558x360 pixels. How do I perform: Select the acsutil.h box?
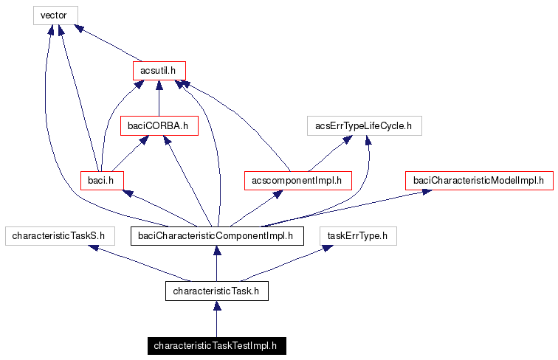click(x=159, y=70)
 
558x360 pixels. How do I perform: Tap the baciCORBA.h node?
click(x=159, y=126)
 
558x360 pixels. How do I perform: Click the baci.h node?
click(x=101, y=179)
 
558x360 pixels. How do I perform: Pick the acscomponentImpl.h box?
click(x=297, y=179)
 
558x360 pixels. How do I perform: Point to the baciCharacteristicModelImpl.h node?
click(x=478, y=179)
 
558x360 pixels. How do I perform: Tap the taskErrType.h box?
click(x=358, y=236)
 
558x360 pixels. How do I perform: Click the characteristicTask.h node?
click(x=216, y=291)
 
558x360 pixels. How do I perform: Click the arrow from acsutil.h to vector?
click(x=108, y=43)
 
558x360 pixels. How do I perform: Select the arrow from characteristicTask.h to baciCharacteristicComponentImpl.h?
click(x=216, y=264)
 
